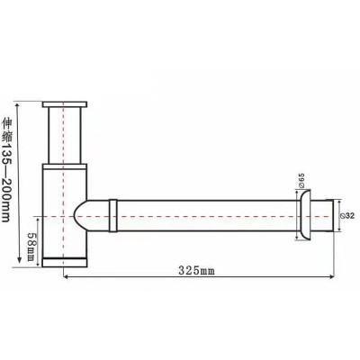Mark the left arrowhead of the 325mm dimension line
point(66,278)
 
